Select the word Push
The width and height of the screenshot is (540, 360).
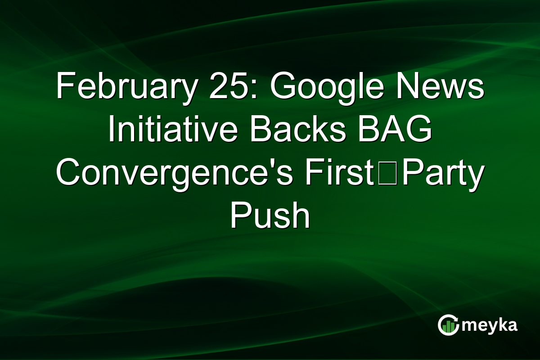click(270, 216)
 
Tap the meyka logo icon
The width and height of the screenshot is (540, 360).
click(448, 325)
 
